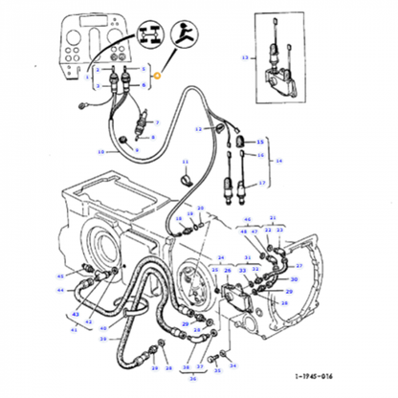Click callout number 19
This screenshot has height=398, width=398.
tap(100, 151)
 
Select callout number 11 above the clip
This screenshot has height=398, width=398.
tap(187, 161)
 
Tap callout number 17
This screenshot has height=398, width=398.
tap(263, 182)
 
